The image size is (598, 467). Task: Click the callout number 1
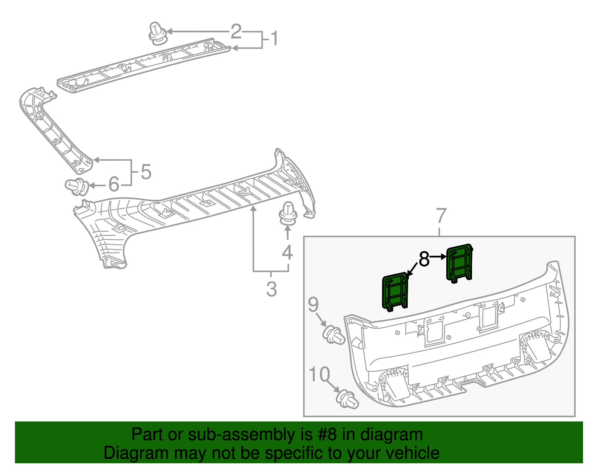click(x=274, y=38)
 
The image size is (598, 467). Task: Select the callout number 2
click(x=236, y=31)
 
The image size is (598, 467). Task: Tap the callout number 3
click(x=271, y=289)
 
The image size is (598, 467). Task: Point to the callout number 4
click(x=287, y=252)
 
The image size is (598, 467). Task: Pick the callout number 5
click(x=146, y=172)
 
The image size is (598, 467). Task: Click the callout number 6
click(x=114, y=184)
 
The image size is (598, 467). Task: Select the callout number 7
click(x=441, y=216)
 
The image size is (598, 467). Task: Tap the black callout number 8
click(x=424, y=259)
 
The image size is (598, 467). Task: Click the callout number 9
click(x=313, y=304)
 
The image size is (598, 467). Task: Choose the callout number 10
click(x=319, y=374)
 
